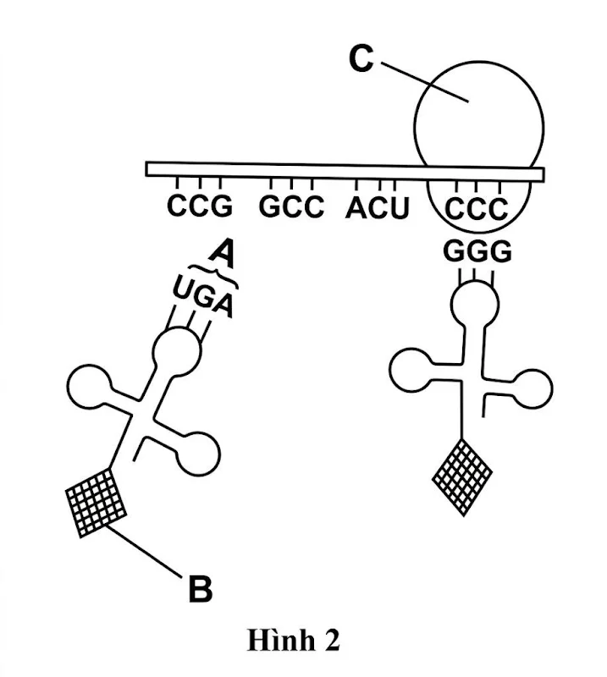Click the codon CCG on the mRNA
point(199,206)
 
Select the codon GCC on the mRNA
point(291,206)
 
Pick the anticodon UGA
point(201,297)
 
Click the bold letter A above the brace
point(222,251)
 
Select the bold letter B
point(199,589)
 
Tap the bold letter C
point(361,60)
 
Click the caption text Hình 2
point(293,641)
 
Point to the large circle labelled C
point(478,110)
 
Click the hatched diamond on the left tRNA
point(96,501)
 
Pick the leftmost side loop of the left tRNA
point(88,388)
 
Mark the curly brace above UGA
point(212,273)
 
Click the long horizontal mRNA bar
point(339,170)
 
